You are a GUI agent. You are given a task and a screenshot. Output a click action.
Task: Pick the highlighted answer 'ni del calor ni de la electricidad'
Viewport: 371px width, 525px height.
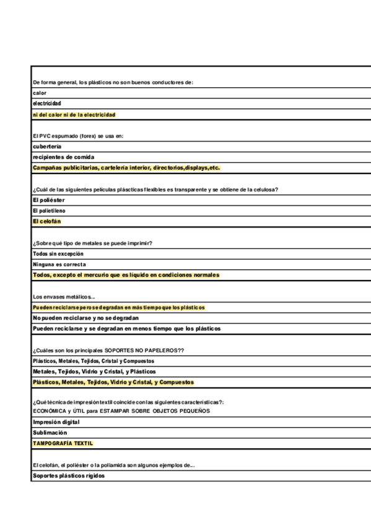tap(74, 115)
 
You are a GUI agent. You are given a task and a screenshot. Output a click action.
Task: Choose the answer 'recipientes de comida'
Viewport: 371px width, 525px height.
tap(63, 157)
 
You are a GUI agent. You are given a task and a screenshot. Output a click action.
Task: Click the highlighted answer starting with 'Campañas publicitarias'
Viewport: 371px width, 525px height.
tap(126, 168)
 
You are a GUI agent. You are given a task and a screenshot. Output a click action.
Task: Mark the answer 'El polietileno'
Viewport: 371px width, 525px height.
tap(49, 210)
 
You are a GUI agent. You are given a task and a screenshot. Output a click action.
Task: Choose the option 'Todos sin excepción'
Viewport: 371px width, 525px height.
tap(58, 254)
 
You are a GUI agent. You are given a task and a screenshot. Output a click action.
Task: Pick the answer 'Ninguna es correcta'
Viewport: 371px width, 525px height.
tap(59, 264)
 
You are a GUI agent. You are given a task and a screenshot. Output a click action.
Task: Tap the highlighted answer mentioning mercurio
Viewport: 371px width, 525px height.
tap(126, 275)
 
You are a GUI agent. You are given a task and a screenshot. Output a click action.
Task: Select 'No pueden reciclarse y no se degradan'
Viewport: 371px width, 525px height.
tap(85, 318)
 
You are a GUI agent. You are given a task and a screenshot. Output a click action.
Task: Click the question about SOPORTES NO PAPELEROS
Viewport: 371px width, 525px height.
tap(108, 350)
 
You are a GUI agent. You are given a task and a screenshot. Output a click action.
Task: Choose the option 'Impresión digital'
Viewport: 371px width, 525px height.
tap(56, 422)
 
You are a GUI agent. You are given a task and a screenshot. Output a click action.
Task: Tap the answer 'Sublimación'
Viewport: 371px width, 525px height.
tap(50, 433)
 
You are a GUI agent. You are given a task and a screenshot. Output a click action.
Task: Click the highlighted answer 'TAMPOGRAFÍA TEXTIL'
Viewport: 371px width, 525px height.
tap(63, 443)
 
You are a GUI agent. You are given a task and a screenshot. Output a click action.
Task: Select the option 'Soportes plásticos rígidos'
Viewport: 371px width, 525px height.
tap(69, 475)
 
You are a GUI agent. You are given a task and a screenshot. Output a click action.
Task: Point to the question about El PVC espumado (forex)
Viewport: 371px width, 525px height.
tap(78, 136)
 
